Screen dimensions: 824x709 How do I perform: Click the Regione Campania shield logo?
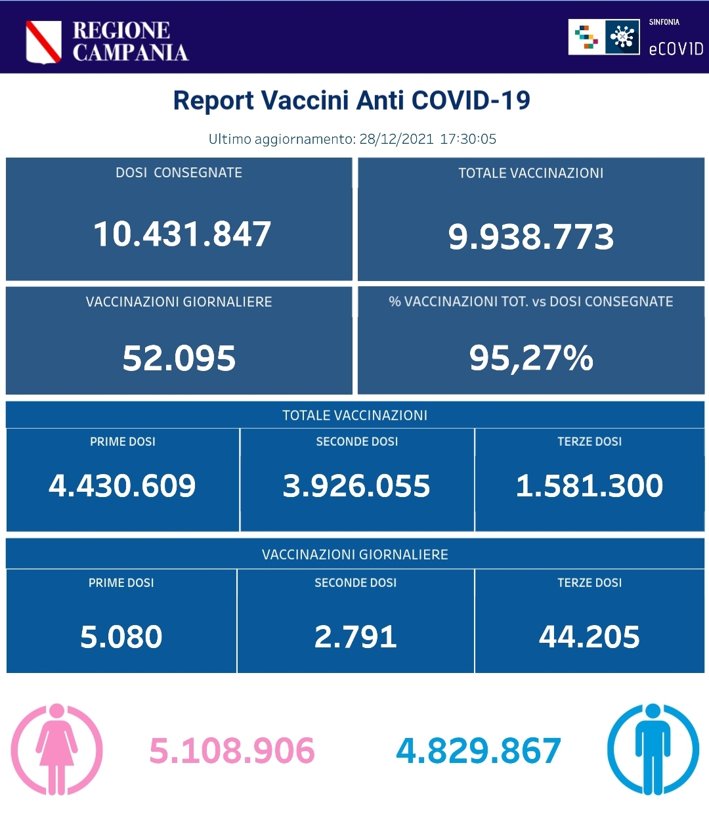(43, 42)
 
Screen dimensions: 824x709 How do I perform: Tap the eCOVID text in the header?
(676, 49)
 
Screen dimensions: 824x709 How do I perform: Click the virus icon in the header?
(622, 37)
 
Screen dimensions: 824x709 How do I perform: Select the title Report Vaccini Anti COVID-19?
(351, 100)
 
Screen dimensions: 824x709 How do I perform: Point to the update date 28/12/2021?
(397, 139)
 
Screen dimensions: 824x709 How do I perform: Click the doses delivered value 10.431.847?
(183, 234)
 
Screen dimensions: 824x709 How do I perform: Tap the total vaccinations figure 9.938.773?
(530, 237)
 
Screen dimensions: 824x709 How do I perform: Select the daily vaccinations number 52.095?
(179, 358)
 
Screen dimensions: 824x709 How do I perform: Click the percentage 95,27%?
(530, 358)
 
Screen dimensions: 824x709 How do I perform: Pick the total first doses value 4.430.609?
(122, 486)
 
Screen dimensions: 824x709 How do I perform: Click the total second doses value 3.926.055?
(356, 486)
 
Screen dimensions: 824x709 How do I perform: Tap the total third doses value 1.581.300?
(589, 486)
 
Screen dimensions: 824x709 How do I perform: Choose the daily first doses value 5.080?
(121, 637)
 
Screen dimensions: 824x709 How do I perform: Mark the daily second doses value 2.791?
(356, 637)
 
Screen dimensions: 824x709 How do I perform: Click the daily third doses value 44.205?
(589, 637)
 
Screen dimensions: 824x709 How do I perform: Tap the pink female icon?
(57, 749)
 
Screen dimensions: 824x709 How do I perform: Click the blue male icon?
(653, 749)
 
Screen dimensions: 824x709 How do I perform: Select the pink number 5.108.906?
(232, 751)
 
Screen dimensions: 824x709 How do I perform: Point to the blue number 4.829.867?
(479, 751)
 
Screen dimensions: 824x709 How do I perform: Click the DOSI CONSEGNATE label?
(179, 173)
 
